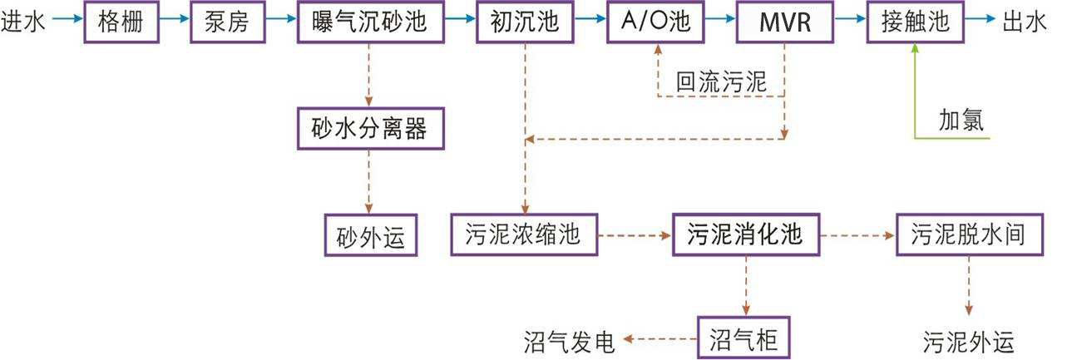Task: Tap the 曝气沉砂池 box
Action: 368,22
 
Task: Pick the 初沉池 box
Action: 525,22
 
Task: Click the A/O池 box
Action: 656,22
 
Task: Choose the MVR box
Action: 785,22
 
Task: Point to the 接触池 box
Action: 915,22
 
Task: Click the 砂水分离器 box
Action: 368,129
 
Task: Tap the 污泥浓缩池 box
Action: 524,235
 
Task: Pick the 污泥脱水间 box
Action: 969,235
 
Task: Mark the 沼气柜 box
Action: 742,338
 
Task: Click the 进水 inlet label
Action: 23,22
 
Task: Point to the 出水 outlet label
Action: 1025,22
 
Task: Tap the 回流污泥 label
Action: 720,81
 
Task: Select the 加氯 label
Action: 961,121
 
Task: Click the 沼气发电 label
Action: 570,341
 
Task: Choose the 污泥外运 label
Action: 969,341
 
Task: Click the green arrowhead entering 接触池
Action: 915,50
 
